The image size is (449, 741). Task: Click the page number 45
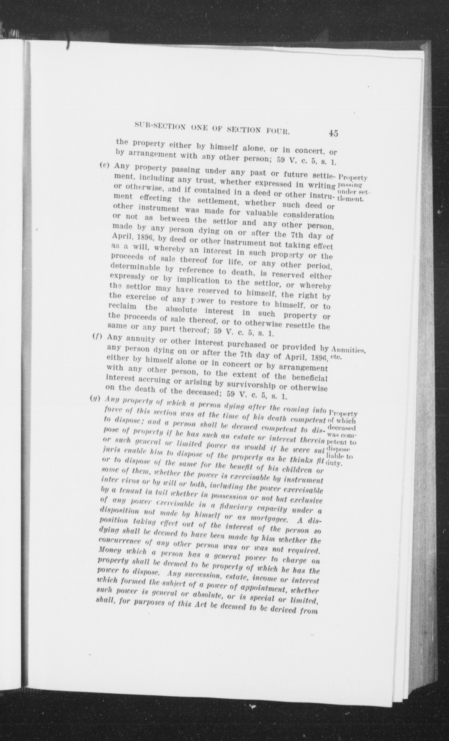333,133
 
